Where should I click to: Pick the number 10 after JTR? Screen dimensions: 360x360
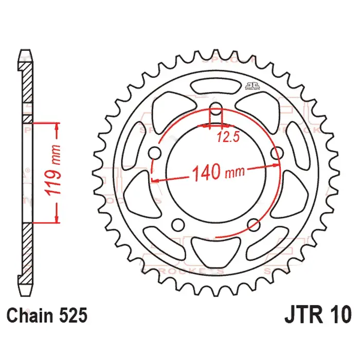click(x=340, y=313)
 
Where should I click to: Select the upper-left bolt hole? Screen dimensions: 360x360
click(x=156, y=153)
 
